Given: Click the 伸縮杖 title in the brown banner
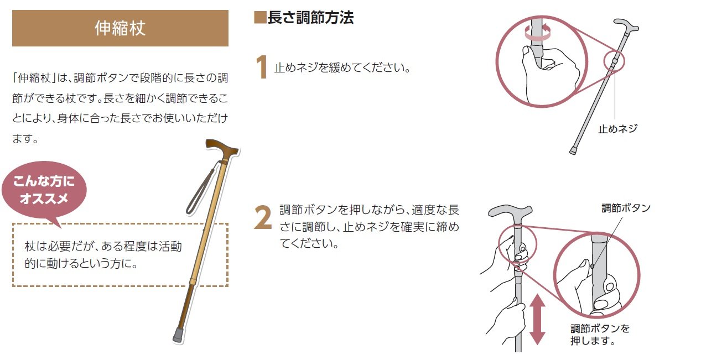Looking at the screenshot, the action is (120, 28).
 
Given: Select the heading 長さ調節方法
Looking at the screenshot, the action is (310, 17).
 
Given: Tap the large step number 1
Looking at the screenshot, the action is (262, 67).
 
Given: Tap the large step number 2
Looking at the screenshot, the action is (263, 218).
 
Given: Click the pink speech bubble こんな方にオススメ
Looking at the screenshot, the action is (44, 191).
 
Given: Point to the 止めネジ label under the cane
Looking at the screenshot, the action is (617, 128).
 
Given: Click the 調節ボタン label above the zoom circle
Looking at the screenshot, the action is (626, 208).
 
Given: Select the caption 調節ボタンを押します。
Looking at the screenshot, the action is (600, 335).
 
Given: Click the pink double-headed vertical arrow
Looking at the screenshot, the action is (538, 319).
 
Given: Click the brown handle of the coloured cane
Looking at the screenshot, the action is (221, 148).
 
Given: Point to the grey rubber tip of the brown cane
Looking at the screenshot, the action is (179, 335).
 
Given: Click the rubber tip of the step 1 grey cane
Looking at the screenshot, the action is (573, 150).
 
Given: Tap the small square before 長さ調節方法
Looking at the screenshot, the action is (259, 18).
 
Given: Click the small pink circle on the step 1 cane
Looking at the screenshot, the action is (614, 61).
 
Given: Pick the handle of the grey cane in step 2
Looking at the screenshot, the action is (510, 212).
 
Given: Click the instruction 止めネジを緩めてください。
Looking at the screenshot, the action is (342, 67).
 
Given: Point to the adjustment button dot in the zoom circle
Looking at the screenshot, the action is (592, 267).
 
